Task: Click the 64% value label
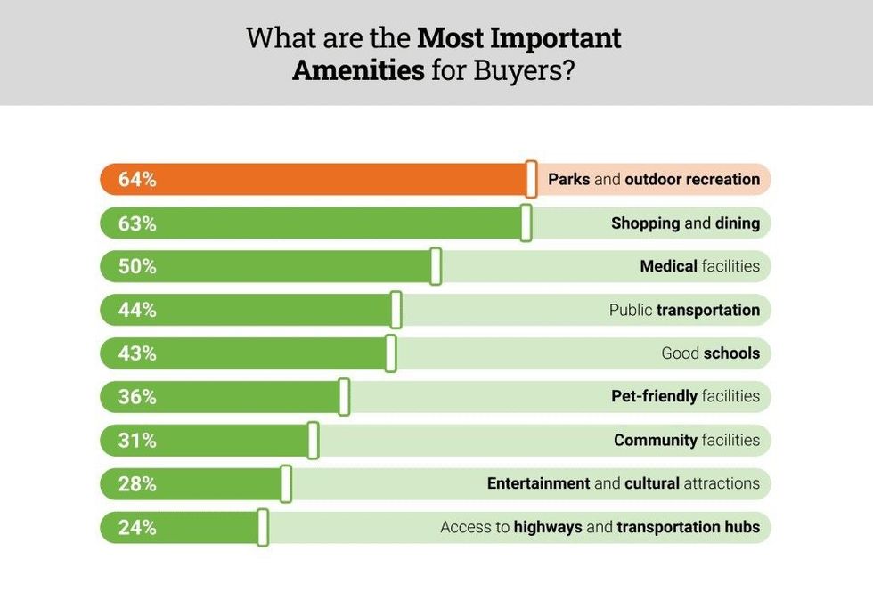(137, 179)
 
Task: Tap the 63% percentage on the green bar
(137, 223)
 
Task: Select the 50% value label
(137, 266)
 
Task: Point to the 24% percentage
(137, 528)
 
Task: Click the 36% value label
(137, 397)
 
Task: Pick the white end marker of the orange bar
(531, 179)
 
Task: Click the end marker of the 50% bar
(436, 266)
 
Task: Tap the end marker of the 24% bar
(263, 528)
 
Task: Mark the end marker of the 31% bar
(314, 441)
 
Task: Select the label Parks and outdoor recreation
(654, 179)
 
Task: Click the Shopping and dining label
(685, 223)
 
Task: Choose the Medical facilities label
(699, 266)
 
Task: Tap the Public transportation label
(684, 310)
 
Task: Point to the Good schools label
(710, 353)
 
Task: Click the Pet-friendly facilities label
(685, 397)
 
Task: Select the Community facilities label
(686, 441)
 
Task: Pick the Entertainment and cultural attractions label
(623, 484)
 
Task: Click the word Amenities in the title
(358, 70)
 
